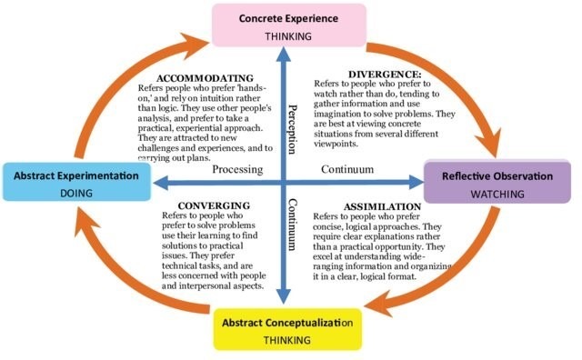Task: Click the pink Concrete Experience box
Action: (289, 24)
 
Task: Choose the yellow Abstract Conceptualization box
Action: (288, 330)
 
